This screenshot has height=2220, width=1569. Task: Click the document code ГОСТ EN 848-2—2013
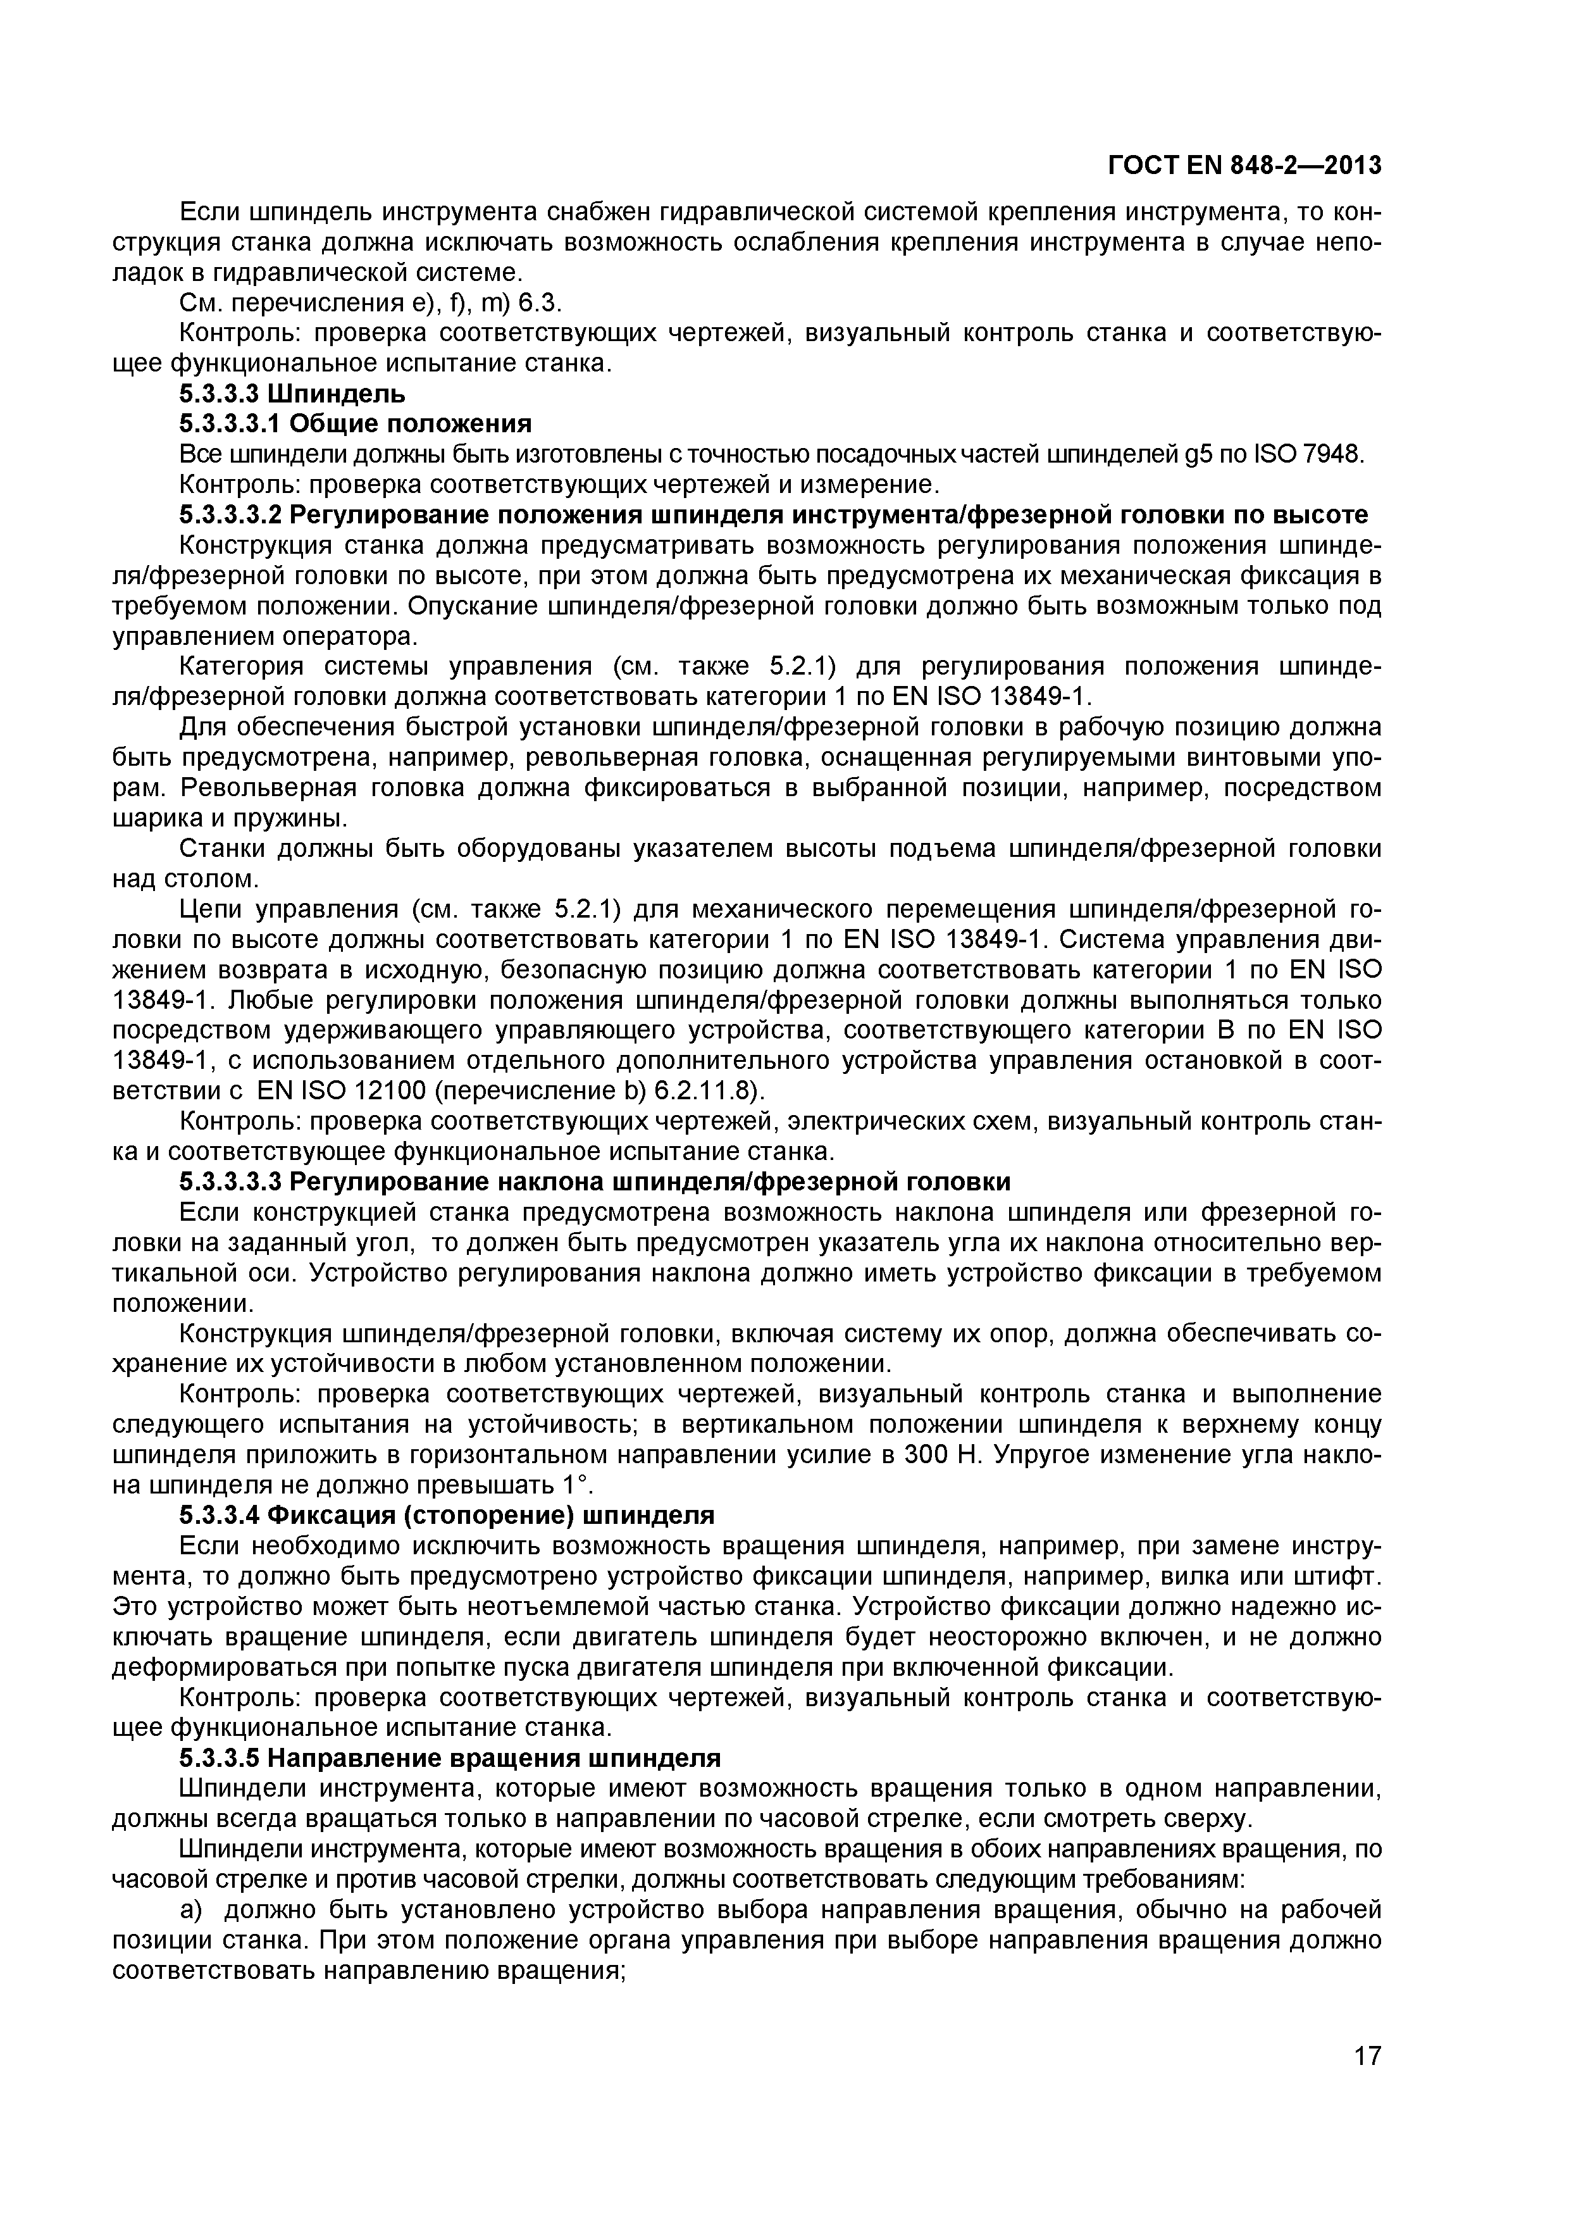point(1244,166)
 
